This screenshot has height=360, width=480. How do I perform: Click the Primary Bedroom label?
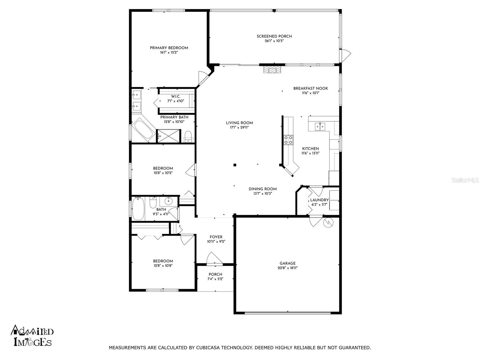tap(169, 48)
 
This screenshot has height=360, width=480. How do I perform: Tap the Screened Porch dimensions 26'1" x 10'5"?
tap(274, 41)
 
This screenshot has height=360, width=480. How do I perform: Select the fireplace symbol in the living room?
tap(272, 70)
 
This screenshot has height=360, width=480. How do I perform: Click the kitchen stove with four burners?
tap(288, 140)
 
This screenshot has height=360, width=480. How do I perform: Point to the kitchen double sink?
tap(320, 126)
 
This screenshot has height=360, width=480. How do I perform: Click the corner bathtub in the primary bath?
tap(143, 130)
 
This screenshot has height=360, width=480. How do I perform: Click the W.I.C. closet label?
tap(175, 96)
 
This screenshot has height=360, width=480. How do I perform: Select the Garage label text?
tap(287, 263)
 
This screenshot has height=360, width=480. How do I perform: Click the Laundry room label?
tap(319, 200)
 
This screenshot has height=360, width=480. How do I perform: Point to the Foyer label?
tap(216, 237)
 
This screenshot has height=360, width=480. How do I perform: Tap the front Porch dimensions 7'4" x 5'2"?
tap(215, 279)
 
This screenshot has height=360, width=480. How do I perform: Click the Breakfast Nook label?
tap(310, 88)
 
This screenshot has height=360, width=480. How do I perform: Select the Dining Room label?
tap(262, 189)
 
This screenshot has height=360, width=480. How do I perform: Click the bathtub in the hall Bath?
tap(138, 208)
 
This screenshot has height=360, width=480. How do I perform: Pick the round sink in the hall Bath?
tap(169, 200)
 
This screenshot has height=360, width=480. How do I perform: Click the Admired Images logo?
tap(32, 336)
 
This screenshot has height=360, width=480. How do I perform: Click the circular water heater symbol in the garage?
tap(328, 223)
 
